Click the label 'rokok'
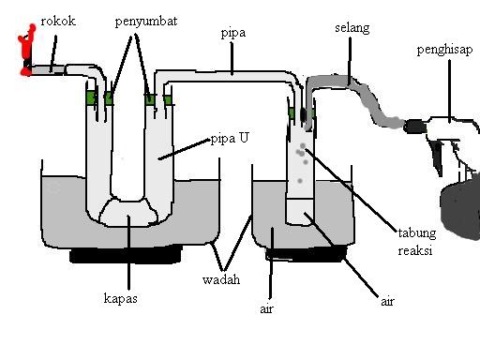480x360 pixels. click(x=58, y=22)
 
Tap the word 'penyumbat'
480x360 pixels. click(x=146, y=22)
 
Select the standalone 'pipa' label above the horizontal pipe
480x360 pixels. click(x=233, y=34)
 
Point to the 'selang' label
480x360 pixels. click(x=352, y=28)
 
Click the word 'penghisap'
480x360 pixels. click(x=444, y=50)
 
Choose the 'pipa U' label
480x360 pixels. click(x=230, y=139)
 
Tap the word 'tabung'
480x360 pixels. click(x=417, y=233)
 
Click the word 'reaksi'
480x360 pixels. click(x=415, y=250)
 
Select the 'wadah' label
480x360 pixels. click(x=221, y=279)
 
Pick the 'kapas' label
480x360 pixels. click(x=121, y=299)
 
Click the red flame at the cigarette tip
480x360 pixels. click(x=27, y=50)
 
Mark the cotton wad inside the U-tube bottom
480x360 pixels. click(x=128, y=212)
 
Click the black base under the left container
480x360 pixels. click(x=126, y=254)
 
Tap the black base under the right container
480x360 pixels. click(x=307, y=253)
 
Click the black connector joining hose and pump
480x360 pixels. click(x=414, y=127)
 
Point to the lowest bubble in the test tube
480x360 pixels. click(x=300, y=181)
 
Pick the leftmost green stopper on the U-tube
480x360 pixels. click(x=91, y=98)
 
